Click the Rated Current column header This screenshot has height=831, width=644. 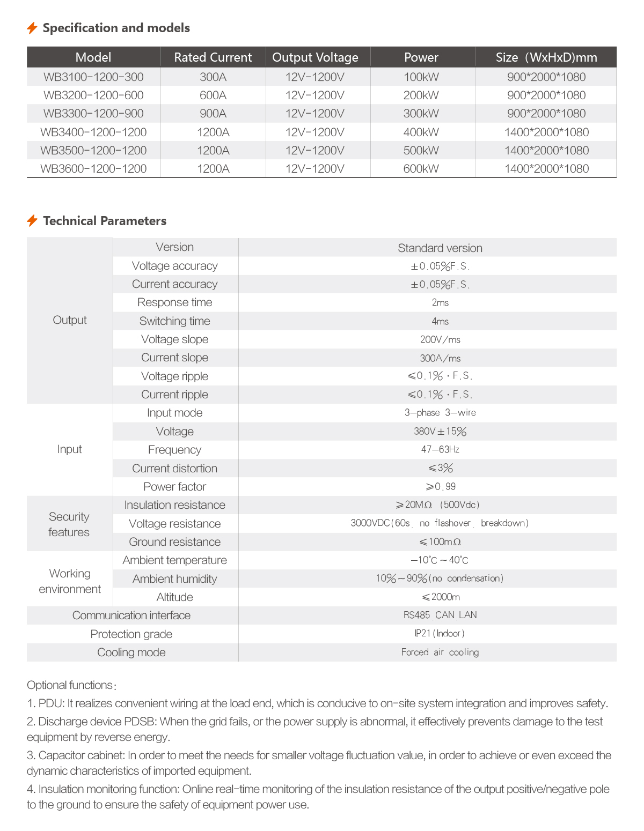213,57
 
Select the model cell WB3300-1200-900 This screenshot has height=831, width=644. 93,114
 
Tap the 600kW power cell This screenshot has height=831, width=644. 421,169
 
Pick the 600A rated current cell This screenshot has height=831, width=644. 213,95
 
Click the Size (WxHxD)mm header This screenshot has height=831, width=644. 546,57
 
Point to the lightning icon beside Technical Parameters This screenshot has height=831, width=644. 32,221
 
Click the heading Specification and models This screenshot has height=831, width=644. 116,28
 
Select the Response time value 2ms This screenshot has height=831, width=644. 440,303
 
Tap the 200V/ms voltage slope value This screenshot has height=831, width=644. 440,340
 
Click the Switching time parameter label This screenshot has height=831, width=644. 174,321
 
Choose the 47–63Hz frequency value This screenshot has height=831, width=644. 440,449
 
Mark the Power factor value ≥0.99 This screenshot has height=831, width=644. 440,487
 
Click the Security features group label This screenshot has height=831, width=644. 69,524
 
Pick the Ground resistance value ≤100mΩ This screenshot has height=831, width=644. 440,542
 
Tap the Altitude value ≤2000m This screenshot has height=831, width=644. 440,597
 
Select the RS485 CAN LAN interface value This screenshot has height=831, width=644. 440,615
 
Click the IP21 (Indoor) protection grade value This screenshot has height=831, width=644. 440,634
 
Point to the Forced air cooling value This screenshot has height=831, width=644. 440,652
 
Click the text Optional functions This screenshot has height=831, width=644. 70,685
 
